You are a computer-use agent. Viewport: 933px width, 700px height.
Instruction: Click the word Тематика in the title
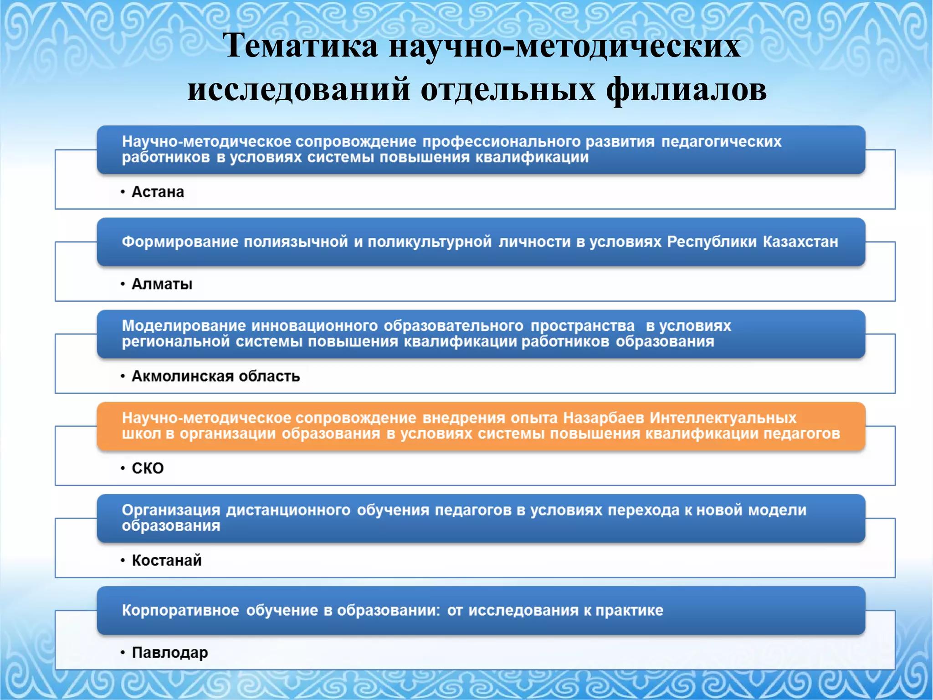click(x=301, y=46)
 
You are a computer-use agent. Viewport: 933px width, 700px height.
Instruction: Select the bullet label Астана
click(x=158, y=192)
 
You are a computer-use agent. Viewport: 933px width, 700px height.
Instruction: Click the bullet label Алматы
click(x=162, y=284)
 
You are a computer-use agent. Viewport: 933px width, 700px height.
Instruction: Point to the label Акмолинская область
click(x=215, y=376)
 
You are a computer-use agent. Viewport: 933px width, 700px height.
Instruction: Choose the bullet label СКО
click(x=148, y=468)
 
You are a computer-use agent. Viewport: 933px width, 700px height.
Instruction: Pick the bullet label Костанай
click(x=167, y=560)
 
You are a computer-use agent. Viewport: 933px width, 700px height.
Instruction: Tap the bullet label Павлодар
click(x=169, y=652)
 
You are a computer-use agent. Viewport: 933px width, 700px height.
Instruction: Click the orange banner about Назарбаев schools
click(x=481, y=426)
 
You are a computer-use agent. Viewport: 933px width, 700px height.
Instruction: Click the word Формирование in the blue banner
click(x=180, y=242)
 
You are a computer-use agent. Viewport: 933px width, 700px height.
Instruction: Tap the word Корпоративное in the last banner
click(x=180, y=610)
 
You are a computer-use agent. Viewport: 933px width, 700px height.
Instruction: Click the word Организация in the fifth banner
click(x=171, y=510)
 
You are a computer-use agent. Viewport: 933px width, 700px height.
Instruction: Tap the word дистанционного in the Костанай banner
click(x=288, y=510)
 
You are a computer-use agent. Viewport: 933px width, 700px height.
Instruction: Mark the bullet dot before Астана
click(x=123, y=192)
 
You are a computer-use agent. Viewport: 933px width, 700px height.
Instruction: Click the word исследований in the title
click(x=299, y=89)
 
